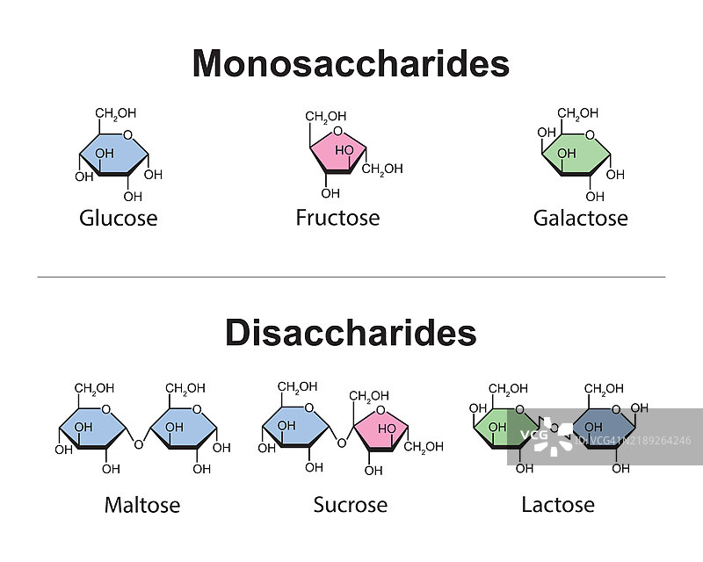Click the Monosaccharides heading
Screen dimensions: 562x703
(351, 63)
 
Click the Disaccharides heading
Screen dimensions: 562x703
(351, 333)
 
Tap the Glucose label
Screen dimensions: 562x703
(118, 218)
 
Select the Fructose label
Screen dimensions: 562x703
(337, 217)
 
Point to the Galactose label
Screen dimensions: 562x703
(580, 218)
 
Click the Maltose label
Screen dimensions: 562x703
(141, 505)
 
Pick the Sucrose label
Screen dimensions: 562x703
(350, 505)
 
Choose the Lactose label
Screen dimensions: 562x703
(557, 505)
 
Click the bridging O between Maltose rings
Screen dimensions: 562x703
(138, 444)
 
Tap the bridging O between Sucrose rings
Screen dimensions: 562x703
(341, 444)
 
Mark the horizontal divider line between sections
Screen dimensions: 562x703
(351, 277)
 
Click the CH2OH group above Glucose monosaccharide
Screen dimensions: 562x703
(115, 113)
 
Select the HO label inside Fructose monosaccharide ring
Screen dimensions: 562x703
(344, 151)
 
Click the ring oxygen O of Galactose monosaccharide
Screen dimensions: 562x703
(591, 134)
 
